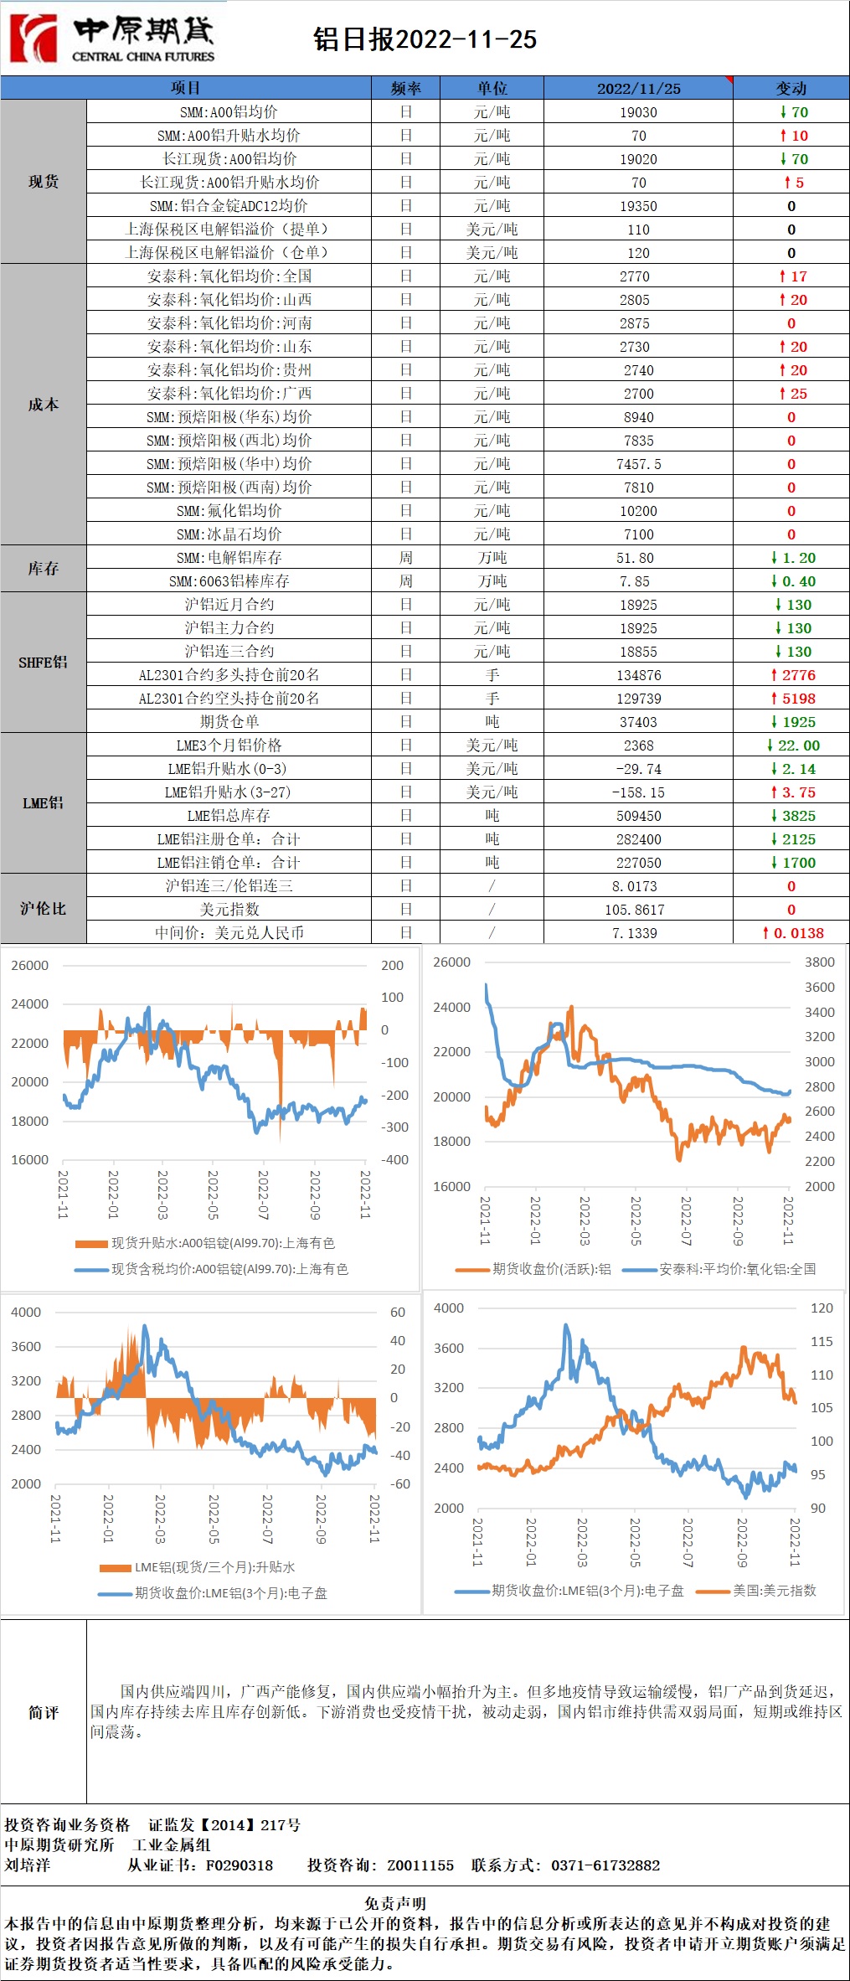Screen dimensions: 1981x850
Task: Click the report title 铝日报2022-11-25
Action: pos(425,39)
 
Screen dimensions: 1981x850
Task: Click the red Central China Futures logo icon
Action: pos(33,38)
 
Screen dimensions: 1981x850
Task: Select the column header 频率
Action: pos(405,88)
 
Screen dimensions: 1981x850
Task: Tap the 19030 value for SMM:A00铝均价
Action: pos(638,112)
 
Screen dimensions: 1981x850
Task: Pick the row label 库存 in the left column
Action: pos(43,569)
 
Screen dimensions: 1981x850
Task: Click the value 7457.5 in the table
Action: pos(638,464)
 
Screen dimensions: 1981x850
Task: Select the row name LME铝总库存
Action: pos(229,816)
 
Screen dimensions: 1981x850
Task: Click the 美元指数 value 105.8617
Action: pos(638,910)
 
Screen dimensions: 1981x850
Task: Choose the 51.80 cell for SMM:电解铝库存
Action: pos(638,558)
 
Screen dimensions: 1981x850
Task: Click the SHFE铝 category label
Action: pos(43,663)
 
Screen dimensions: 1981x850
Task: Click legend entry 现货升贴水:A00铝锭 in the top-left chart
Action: pos(223,1243)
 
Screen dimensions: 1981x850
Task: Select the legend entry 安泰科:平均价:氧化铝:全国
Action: pos(737,1269)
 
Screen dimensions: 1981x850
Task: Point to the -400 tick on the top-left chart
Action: pos(394,1160)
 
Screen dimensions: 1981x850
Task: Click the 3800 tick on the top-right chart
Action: pos(819,962)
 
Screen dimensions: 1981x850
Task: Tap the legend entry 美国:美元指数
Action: pos(774,1590)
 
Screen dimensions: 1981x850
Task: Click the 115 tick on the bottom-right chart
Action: pos(822,1341)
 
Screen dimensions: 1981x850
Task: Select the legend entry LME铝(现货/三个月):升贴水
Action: pos(214,1567)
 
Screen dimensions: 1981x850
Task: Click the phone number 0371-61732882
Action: pos(605,1865)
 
